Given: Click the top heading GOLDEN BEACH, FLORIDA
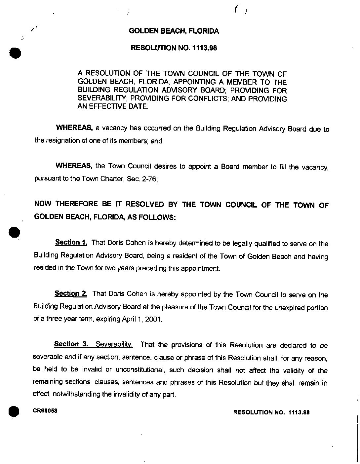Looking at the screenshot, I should pos(174,31).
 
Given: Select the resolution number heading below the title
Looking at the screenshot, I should pos(174,48).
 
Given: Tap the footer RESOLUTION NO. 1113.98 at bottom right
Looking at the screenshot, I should pos(271,412).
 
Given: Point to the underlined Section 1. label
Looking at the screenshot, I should pos(71,243).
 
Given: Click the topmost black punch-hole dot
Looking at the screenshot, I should pos(15,53).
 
